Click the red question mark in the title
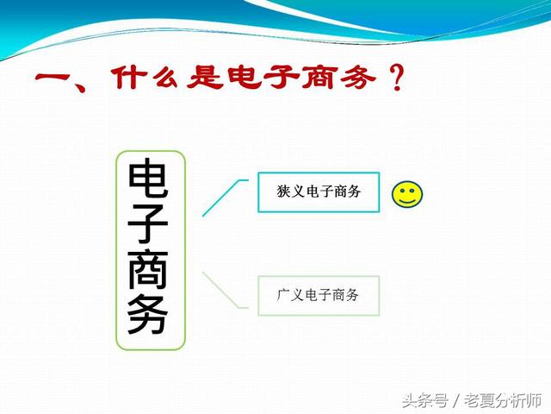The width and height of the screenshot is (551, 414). (398, 78)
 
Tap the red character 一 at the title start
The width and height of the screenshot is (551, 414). (53, 78)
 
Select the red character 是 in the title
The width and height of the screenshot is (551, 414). (205, 77)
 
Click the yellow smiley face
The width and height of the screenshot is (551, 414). (407, 194)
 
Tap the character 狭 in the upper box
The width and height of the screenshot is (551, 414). (283, 191)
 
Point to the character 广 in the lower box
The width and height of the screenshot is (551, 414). (283, 295)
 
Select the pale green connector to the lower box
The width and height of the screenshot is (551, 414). (222, 289)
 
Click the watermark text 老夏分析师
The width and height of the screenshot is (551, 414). (503, 400)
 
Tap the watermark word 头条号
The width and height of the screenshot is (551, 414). (425, 400)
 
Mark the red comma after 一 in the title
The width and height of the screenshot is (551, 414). (80, 86)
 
